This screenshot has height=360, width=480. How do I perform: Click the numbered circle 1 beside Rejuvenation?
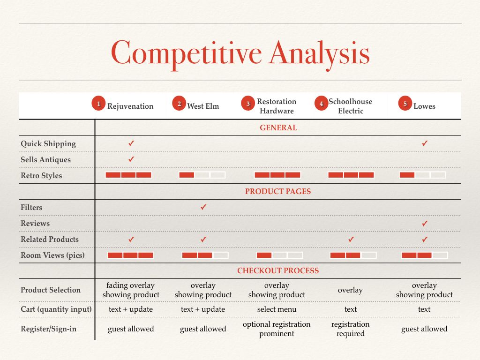(x=98, y=104)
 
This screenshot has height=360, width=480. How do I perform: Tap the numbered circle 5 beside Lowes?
(x=405, y=104)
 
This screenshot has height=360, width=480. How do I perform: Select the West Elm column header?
(x=203, y=106)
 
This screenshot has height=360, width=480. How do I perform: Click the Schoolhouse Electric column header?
(x=351, y=106)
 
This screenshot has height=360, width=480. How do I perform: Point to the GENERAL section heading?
(x=278, y=127)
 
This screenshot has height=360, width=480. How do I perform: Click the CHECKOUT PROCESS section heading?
(x=278, y=270)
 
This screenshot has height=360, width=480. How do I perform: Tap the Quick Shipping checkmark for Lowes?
(x=425, y=143)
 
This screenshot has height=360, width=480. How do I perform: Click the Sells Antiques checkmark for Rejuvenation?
(x=131, y=159)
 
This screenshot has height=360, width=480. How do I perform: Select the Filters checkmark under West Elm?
(x=203, y=207)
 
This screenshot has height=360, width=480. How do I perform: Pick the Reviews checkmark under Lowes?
(x=425, y=224)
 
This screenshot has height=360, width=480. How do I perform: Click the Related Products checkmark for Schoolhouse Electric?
(x=351, y=240)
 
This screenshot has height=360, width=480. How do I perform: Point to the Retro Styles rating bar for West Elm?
(x=202, y=175)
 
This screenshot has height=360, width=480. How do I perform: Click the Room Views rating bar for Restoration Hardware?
(x=279, y=255)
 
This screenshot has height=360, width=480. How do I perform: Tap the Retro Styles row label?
(x=41, y=176)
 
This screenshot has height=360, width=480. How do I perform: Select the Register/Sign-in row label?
(x=48, y=329)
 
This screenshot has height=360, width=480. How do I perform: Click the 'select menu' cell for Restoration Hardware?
(x=277, y=309)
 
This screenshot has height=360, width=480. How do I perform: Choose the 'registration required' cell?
(x=351, y=329)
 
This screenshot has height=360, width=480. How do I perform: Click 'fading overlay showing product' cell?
(x=131, y=290)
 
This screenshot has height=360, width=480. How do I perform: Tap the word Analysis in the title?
(x=319, y=53)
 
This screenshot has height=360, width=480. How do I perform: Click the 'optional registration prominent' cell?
(x=277, y=329)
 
